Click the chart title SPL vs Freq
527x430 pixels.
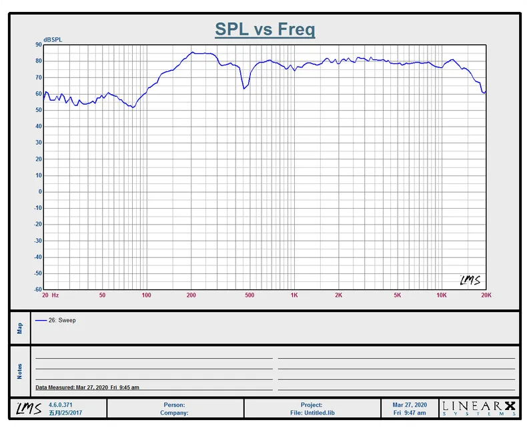tap(265, 29)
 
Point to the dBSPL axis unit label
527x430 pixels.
tap(53, 40)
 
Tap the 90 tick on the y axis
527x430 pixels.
tap(39, 45)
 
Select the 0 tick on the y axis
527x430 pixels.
tap(40, 192)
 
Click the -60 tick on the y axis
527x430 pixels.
tap(37, 290)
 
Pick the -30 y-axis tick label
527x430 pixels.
tap(37, 241)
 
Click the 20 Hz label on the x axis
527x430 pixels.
tap(50, 295)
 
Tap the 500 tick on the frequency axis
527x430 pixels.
tap(249, 295)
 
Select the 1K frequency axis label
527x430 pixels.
tap(294, 295)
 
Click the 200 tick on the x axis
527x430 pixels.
tap(191, 295)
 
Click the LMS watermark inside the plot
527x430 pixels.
tap(470, 281)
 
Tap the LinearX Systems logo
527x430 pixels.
tap(480, 408)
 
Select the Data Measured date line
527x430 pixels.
tap(87, 387)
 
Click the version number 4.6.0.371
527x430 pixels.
tap(62, 405)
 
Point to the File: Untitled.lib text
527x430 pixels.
tap(312, 413)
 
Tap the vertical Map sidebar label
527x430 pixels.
tap(20, 327)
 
